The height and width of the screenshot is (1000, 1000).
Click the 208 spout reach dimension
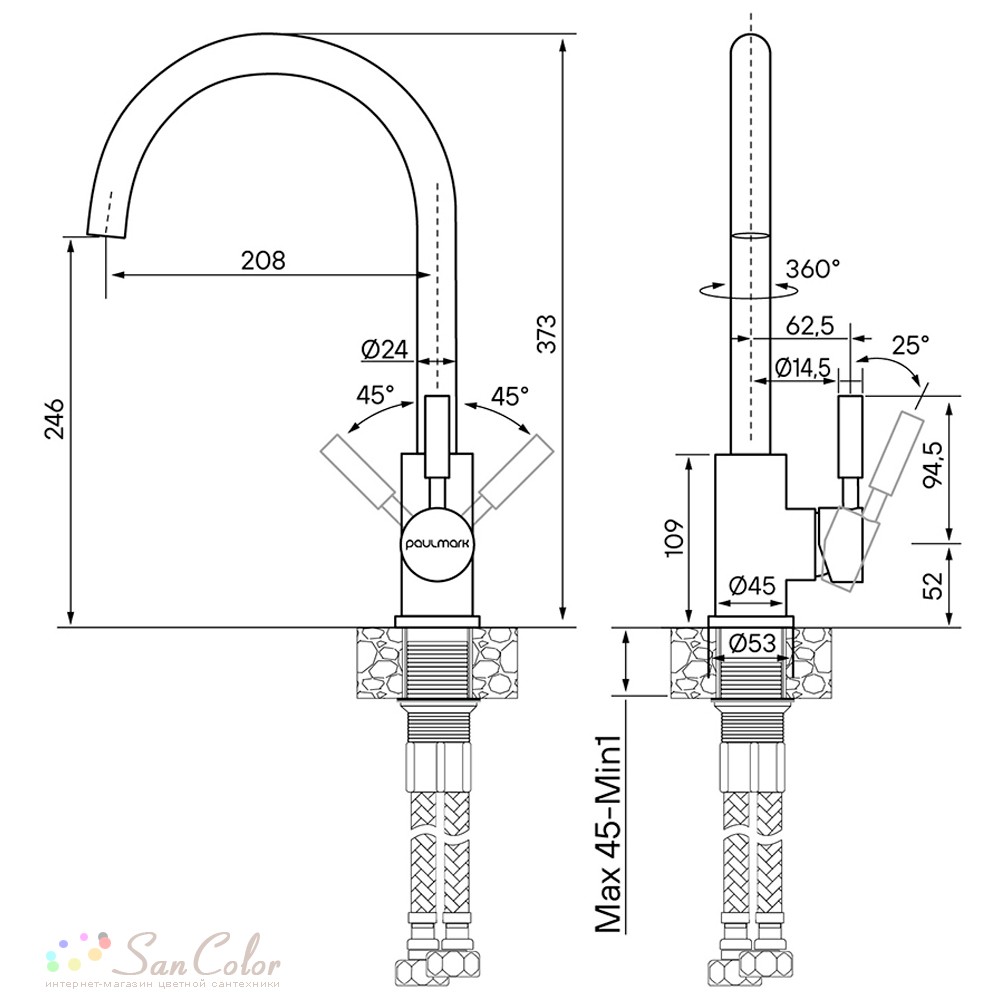(x=263, y=260)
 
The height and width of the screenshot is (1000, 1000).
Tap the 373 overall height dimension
(x=547, y=333)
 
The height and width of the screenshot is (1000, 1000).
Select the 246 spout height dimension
(x=54, y=419)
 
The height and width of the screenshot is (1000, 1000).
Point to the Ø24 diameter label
(x=384, y=349)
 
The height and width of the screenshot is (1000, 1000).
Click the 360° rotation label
(x=812, y=268)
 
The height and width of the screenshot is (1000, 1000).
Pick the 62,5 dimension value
(x=810, y=326)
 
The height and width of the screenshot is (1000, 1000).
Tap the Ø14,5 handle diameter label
(x=803, y=367)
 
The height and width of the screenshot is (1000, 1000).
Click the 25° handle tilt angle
(x=911, y=345)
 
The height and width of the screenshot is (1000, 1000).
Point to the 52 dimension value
(x=932, y=585)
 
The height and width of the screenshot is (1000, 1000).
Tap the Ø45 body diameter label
(x=752, y=585)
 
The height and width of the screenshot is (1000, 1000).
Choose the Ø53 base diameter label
(x=753, y=643)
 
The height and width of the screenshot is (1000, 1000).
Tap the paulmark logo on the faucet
(x=438, y=544)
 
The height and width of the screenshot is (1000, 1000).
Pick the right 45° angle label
(x=510, y=396)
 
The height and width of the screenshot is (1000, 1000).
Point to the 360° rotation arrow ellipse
(x=749, y=291)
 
